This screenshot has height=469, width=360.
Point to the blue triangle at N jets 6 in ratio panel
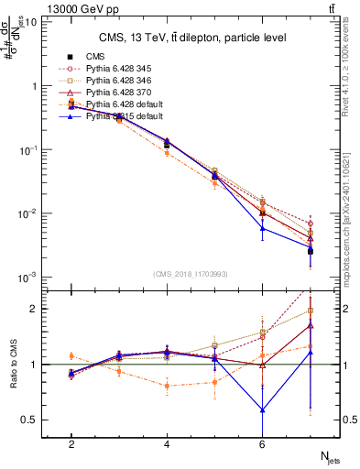tap(262, 409)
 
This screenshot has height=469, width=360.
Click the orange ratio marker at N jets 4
tap(167, 386)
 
